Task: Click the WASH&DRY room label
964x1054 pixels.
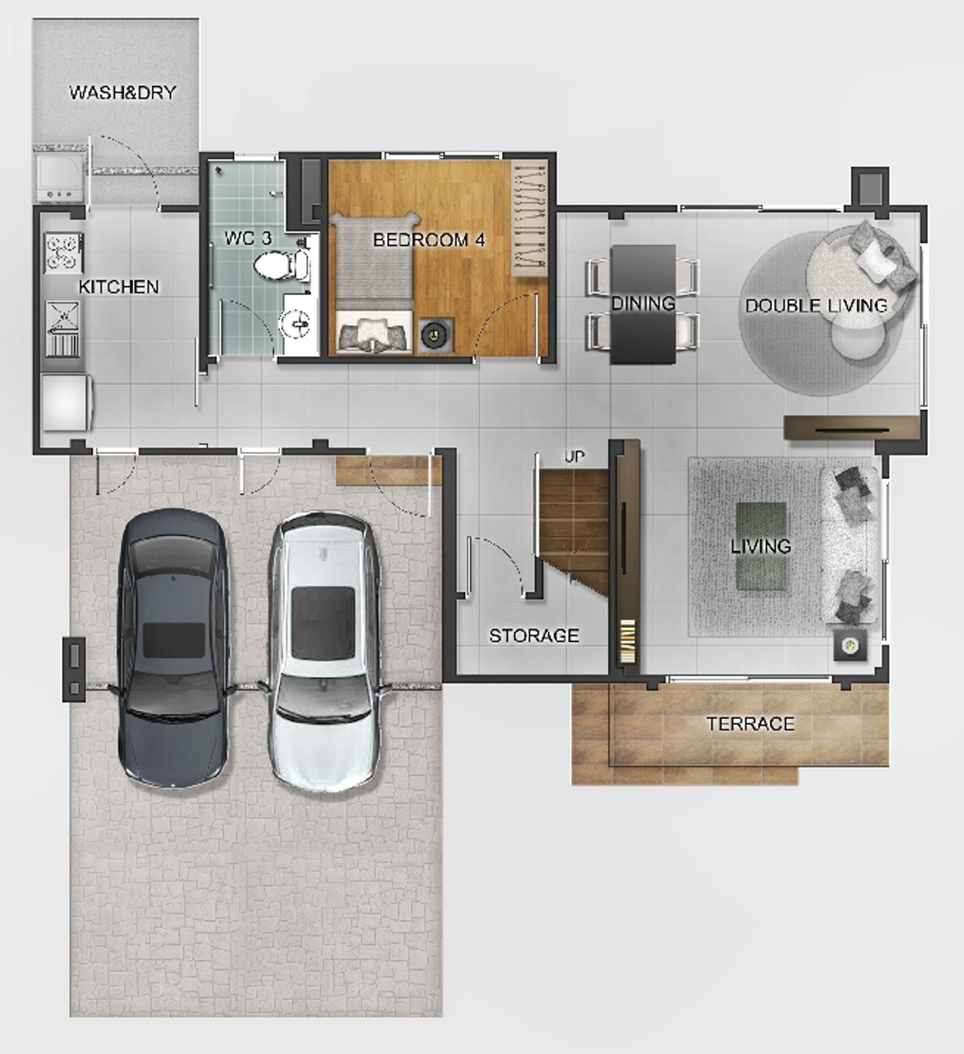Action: point(122,92)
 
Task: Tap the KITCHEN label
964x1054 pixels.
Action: point(119,287)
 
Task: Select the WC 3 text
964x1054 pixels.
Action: point(248,238)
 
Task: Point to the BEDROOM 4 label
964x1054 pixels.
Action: point(428,240)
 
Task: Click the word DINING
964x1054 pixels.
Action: point(643,303)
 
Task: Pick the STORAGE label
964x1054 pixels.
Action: point(534,635)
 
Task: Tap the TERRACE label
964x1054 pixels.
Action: point(750,724)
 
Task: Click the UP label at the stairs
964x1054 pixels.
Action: point(574,456)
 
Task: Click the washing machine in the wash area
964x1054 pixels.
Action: point(60,178)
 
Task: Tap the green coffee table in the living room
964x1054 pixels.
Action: point(761,546)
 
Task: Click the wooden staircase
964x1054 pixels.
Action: point(574,532)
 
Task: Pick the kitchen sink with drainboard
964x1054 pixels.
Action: point(63,329)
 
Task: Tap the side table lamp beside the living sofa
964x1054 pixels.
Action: point(851,645)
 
